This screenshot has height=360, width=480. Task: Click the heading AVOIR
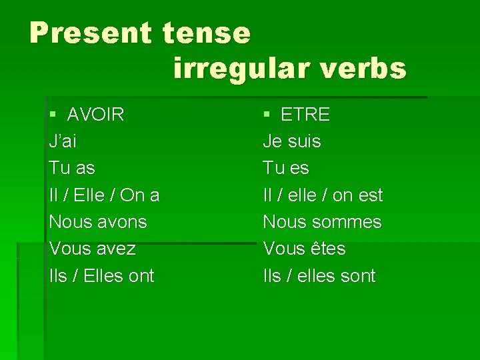(95, 115)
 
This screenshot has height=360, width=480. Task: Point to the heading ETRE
(305, 115)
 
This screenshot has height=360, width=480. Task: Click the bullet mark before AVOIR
(53, 115)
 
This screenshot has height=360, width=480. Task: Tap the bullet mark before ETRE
(267, 115)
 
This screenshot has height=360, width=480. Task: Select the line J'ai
(63, 141)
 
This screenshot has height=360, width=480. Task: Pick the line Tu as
(72, 168)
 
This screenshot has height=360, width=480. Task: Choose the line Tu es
(286, 168)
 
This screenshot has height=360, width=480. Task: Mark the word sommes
(349, 221)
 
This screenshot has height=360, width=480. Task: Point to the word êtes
(328, 249)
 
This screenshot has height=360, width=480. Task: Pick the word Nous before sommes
(285, 221)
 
